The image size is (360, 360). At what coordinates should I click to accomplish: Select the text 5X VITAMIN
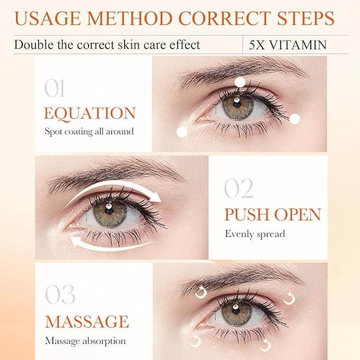pos(288,45)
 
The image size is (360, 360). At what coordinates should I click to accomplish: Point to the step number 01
pos(55,89)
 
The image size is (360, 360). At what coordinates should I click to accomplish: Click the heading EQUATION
pos(90,113)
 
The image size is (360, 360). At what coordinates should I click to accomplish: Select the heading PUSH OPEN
pos(273,215)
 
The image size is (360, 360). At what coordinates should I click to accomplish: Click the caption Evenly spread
pos(254,234)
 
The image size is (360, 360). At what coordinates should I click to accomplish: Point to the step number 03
pos(59,295)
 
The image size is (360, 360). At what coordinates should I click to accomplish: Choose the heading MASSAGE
pos(86,321)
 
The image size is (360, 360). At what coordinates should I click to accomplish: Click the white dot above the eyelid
pos(240,82)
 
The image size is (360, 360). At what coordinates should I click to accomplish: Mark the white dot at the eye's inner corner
pos(182,133)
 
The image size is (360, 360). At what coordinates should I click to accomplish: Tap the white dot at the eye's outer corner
pos(295,119)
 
